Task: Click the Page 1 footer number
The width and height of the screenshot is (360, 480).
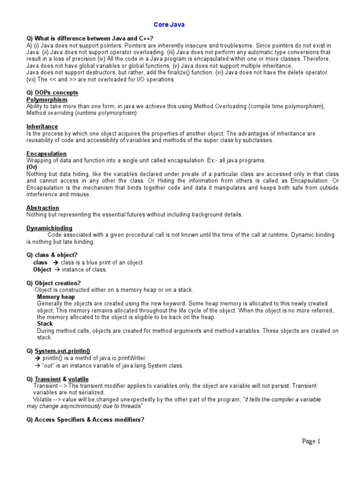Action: click(x=311, y=441)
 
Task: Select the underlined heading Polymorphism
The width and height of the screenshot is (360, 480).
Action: click(x=47, y=100)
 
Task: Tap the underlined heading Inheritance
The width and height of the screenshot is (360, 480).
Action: click(x=42, y=127)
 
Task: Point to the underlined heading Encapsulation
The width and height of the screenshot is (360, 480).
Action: click(x=46, y=154)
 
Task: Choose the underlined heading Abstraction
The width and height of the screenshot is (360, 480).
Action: click(x=43, y=208)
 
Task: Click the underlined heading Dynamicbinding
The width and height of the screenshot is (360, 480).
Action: click(x=49, y=228)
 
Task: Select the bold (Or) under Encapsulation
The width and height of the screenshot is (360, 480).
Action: click(x=32, y=167)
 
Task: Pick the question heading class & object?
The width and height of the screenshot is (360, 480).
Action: click(x=52, y=255)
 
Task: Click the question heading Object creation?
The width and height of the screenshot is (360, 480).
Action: click(x=53, y=283)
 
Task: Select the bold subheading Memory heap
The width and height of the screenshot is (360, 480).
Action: click(x=56, y=297)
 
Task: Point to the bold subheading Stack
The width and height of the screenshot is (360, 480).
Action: click(x=45, y=323)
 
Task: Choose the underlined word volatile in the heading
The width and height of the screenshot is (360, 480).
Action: click(x=78, y=379)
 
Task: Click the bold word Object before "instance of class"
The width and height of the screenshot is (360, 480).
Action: click(x=42, y=270)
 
